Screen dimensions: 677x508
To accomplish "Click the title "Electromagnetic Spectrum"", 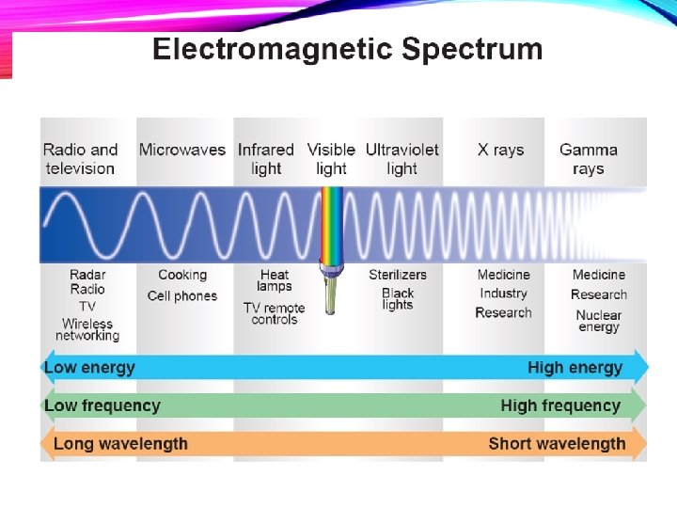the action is [347, 49].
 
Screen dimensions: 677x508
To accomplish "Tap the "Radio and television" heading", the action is [80, 159].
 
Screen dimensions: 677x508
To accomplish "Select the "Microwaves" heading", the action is [182, 150].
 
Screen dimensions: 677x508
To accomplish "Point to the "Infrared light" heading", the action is [266, 159].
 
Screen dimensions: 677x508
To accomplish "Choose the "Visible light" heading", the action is [331, 159].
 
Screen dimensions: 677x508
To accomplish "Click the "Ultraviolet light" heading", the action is [401, 159].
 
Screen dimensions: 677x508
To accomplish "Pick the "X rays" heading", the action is [500, 150].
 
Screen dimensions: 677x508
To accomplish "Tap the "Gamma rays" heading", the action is [589, 159].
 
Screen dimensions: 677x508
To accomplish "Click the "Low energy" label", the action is [90, 368].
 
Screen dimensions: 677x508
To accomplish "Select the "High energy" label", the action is [575, 368].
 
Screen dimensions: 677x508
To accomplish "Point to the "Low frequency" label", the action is [102, 406].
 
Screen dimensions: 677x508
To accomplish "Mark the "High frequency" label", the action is [560, 406].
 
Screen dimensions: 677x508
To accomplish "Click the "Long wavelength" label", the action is [120, 444].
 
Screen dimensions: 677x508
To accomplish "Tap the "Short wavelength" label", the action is [557, 444].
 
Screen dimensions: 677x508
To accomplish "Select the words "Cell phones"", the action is [182, 296].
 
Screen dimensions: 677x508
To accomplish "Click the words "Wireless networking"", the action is [87, 330].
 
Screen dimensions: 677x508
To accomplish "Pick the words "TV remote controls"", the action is [275, 314].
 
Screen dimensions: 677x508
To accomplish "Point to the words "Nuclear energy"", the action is [599, 322].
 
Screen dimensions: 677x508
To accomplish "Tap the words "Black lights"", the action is [398, 299].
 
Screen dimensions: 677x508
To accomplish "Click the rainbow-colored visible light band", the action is [332, 226].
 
